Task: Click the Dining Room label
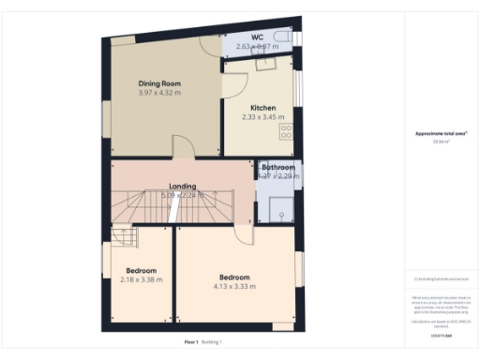157,82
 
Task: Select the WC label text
256,37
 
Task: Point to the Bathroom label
278,167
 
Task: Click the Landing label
182,186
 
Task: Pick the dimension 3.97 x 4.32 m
157,92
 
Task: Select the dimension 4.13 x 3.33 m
234,286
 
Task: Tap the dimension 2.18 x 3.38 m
141,279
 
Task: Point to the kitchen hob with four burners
286,132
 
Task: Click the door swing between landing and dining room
183,147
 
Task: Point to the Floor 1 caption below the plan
192,342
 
